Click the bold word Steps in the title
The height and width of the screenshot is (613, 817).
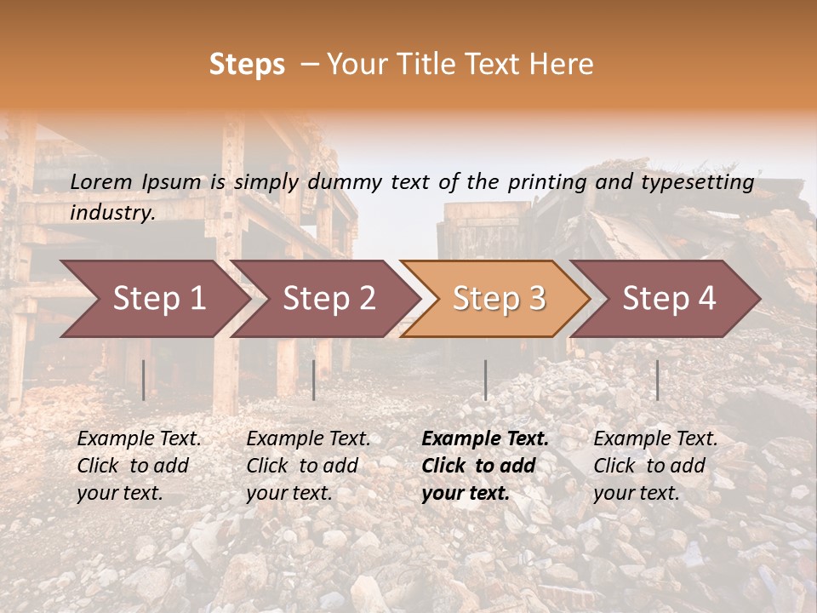pos(247,65)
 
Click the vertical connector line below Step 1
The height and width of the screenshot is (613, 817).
pos(144,380)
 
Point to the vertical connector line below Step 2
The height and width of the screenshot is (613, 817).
pos(314,380)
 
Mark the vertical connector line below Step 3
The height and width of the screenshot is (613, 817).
pos(485,380)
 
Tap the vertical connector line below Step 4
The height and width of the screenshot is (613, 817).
pos(657,380)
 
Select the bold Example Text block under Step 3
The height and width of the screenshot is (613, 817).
pos(485,466)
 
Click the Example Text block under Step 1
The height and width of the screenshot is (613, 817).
pos(139,466)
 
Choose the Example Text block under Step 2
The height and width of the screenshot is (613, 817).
pos(308,466)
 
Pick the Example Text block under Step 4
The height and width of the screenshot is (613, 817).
pos(655,466)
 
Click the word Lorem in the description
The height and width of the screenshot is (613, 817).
pos(101,182)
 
